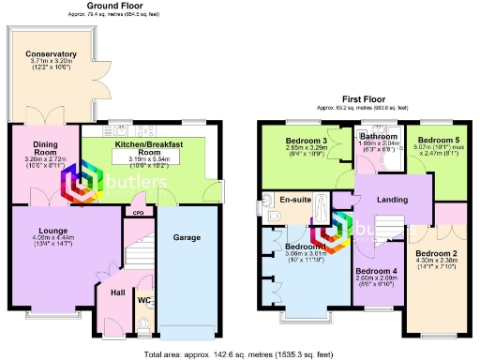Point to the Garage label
click(x=187, y=238)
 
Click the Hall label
click(x=117, y=292)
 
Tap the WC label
click(x=144, y=301)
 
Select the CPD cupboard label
click(x=138, y=213)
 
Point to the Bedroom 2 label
click(x=436, y=254)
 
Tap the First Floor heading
click(x=365, y=97)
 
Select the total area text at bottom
click(x=240, y=355)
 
